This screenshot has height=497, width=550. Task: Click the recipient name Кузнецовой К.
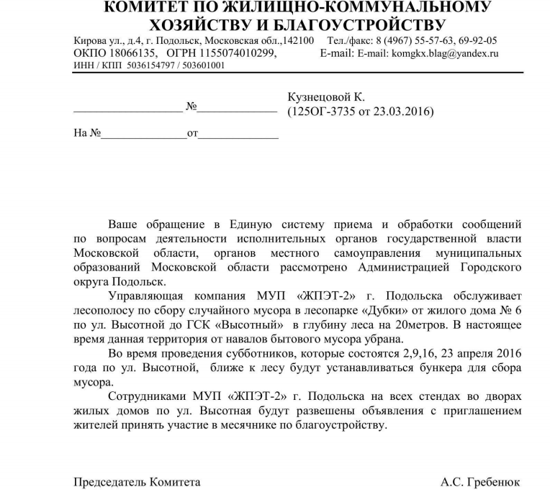326,96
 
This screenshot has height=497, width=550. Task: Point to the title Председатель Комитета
137,482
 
